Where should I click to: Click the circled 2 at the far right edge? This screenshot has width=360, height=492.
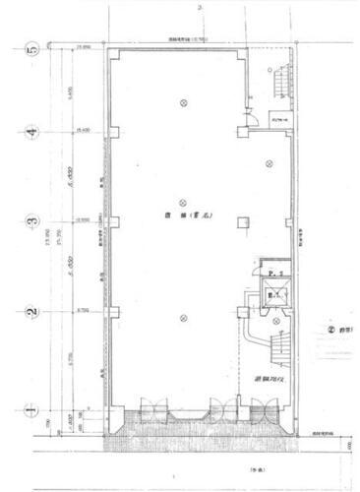331,331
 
